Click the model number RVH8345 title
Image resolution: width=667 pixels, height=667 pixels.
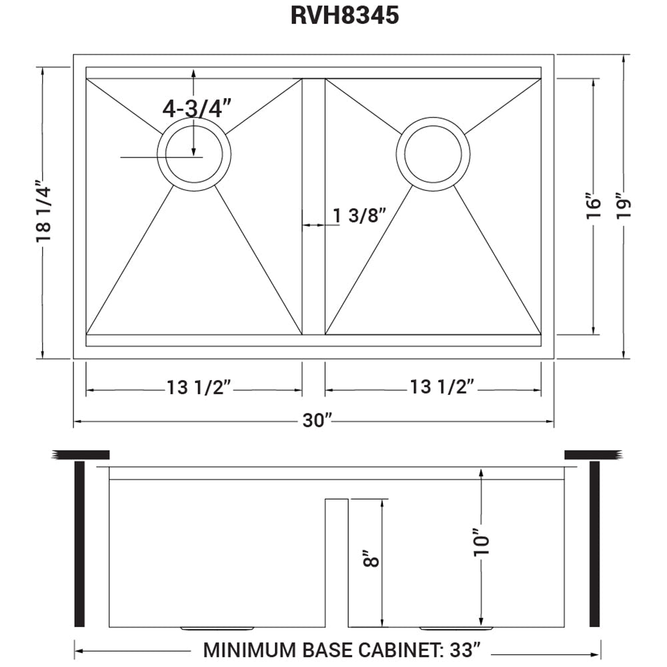(345, 15)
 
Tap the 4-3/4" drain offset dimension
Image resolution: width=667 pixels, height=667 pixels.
(197, 107)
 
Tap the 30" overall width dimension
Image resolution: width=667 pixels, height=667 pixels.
(317, 421)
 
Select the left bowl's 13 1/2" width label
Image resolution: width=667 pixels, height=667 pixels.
(198, 388)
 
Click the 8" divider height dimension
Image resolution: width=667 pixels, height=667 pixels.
(372, 558)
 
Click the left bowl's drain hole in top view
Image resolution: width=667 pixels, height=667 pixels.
(193, 154)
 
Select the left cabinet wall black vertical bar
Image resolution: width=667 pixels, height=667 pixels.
(79, 543)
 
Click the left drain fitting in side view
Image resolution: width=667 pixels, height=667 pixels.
(217, 628)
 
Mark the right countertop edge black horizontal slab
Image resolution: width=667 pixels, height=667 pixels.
(589, 455)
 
